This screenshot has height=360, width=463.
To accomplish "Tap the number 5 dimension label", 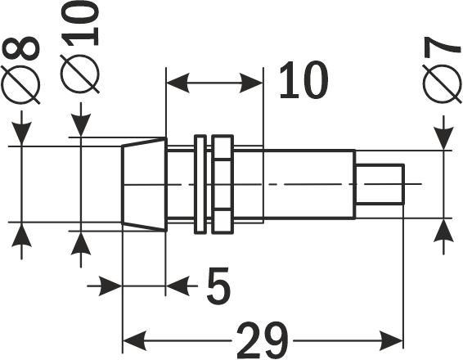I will click(x=215, y=286).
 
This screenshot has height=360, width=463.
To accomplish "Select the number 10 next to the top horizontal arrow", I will click(x=303, y=80).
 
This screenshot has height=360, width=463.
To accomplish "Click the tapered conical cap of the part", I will click(x=144, y=184).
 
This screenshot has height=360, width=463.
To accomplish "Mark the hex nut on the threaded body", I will click(x=220, y=184).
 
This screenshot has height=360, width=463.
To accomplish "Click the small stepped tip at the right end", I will click(x=380, y=184).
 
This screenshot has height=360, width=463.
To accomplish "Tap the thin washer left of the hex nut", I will click(x=199, y=184).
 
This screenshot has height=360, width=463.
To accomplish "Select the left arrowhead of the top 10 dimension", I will click(x=176, y=82).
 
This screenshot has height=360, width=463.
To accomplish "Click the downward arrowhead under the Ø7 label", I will click(x=443, y=139).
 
